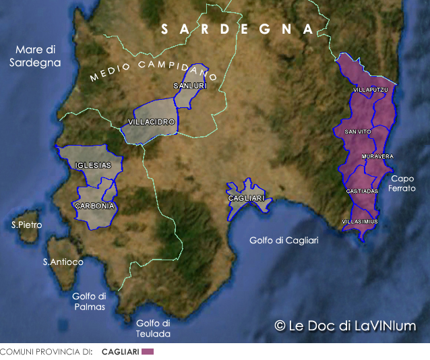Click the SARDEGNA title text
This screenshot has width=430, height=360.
click(x=238, y=29)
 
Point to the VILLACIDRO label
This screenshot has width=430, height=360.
click(x=152, y=122)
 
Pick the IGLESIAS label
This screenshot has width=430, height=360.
click(x=94, y=165)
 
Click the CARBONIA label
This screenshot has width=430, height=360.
click(x=94, y=206)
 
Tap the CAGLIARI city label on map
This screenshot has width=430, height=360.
click(x=247, y=198)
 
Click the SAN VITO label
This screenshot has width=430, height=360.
click(x=357, y=131)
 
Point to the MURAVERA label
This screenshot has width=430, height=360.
click(x=377, y=156)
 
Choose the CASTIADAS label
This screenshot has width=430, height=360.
click(x=362, y=191)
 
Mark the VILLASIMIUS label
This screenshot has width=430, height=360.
click(x=360, y=221)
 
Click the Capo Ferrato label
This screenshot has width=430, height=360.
click(x=402, y=183)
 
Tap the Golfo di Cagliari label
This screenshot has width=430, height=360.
click(x=284, y=241)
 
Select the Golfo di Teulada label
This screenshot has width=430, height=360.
click(x=153, y=328)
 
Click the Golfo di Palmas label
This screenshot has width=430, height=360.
click(x=89, y=301)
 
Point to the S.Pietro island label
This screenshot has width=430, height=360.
click(x=26, y=224)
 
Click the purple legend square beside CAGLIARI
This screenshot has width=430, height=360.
click(x=148, y=352)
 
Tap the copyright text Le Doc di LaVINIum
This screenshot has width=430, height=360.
click(x=345, y=326)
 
